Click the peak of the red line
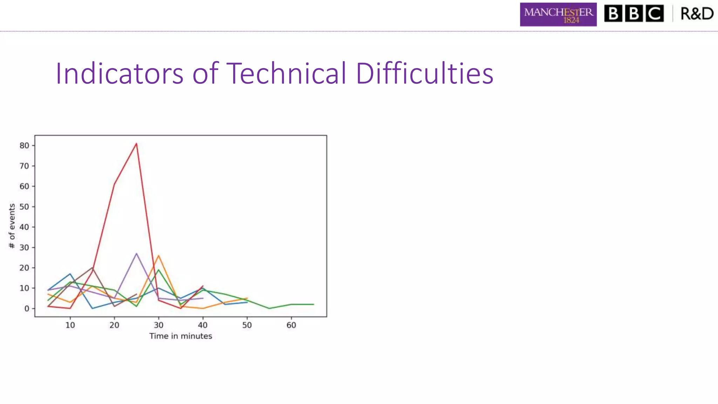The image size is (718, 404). pyautogui.click(x=136, y=143)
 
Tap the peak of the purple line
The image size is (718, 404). pyautogui.click(x=136, y=253)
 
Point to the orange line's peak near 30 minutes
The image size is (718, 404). pyautogui.click(x=158, y=255)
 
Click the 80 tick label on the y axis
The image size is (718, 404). pyautogui.click(x=24, y=146)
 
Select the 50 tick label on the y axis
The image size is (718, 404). pyautogui.click(x=24, y=207)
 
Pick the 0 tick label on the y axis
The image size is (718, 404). pyautogui.click(x=27, y=309)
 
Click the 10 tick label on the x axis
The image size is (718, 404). pyautogui.click(x=70, y=325)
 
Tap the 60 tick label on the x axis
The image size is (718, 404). pyautogui.click(x=291, y=325)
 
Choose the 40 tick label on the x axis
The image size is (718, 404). pyautogui.click(x=203, y=325)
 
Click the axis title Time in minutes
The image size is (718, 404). pyautogui.click(x=181, y=336)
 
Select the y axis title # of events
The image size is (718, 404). pyautogui.click(x=12, y=226)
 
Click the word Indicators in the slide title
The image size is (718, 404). pyautogui.click(x=119, y=73)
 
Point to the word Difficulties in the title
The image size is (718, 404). pyautogui.click(x=424, y=73)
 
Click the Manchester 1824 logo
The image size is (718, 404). pyautogui.click(x=558, y=14)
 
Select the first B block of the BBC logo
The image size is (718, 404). pyautogui.click(x=613, y=14)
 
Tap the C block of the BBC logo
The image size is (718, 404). pyautogui.click(x=655, y=14)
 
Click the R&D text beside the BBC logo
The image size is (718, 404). pyautogui.click(x=697, y=14)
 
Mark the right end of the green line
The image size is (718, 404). pyautogui.click(x=313, y=304)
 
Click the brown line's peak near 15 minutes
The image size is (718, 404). pyautogui.click(x=92, y=268)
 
